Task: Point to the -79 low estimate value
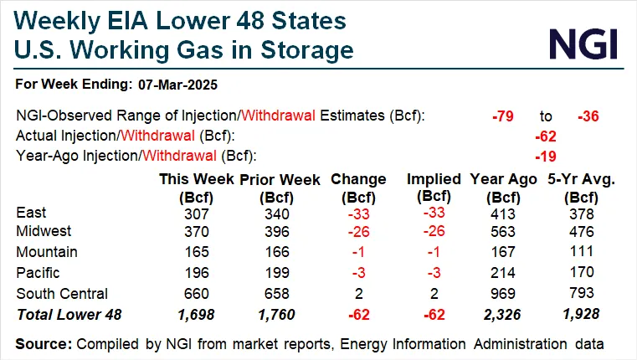pyautogui.click(x=504, y=116)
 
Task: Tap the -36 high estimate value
pyautogui.click(x=589, y=116)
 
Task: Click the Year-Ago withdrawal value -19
pyautogui.click(x=546, y=156)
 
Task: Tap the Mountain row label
pyautogui.click(x=47, y=252)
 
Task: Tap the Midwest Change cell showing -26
pyautogui.click(x=358, y=232)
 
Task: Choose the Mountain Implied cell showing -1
pyautogui.click(x=434, y=253)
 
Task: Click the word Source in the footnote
pyautogui.click(x=43, y=343)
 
